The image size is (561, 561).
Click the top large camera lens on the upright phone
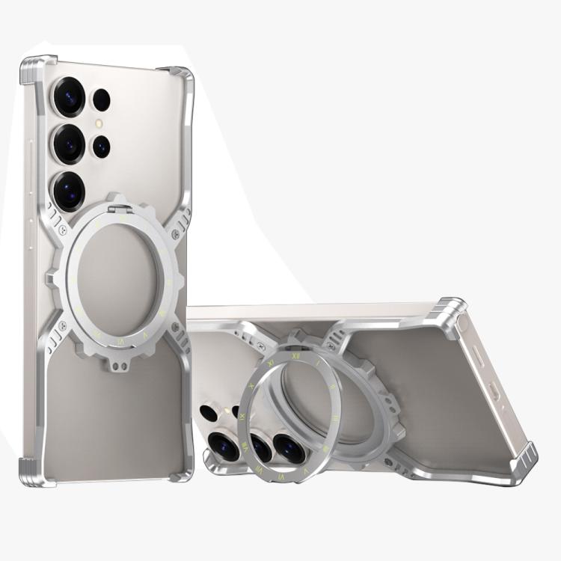click(69, 96)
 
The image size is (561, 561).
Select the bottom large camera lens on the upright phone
click(69, 191)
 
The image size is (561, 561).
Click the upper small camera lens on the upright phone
click(100, 100)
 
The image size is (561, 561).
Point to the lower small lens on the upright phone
click(100, 147)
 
